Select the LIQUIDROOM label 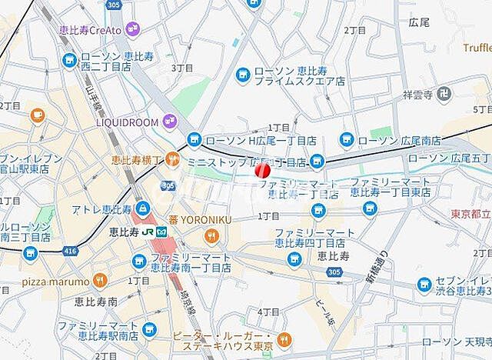click(127, 122)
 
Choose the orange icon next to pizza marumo click(99, 280)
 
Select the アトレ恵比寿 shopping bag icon click(142, 208)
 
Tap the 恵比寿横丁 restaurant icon click(175, 161)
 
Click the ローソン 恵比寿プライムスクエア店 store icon click(243, 74)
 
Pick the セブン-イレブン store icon click(425, 285)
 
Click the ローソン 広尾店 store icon click(347, 140)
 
